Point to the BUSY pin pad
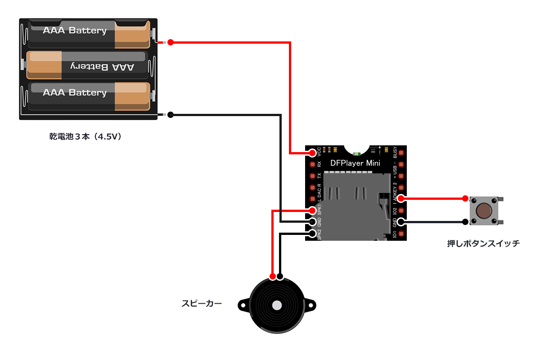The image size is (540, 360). (x=400, y=153)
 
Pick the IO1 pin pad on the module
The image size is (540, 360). (x=400, y=234)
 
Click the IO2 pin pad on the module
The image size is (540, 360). (x=400, y=210)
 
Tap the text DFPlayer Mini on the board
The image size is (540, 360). (x=355, y=163)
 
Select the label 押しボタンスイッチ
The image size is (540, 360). (x=483, y=243)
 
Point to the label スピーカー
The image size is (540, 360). (x=202, y=304)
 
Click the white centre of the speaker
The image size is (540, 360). (x=277, y=306)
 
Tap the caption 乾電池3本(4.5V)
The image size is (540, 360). (x=85, y=136)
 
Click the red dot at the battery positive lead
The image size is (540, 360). (x=170, y=42)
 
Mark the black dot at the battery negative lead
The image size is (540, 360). (x=170, y=115)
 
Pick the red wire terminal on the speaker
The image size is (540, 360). (x=272, y=276)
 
